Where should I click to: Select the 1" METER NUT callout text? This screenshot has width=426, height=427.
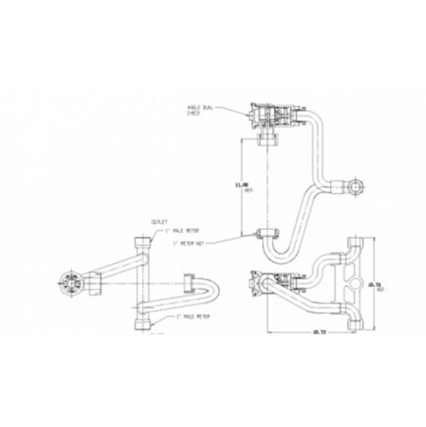[188, 244]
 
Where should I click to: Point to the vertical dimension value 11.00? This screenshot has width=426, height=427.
[244, 185]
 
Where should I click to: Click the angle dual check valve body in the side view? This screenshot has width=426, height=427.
[273, 116]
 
